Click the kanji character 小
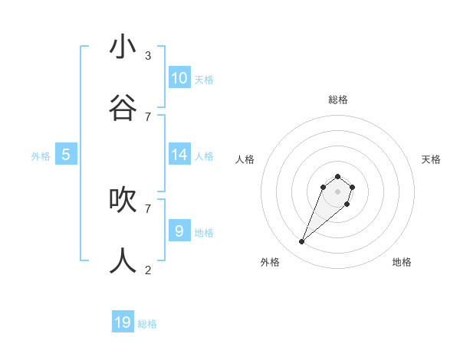point(123,47)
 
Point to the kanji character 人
point(123,261)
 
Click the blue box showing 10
point(179,77)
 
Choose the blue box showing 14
point(179,154)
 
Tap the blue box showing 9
point(179,231)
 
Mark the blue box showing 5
point(66,155)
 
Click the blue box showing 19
point(123,322)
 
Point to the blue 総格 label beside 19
point(147,324)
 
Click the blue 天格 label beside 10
point(204,79)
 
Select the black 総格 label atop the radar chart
point(338,100)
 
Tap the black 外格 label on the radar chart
point(270,262)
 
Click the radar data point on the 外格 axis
point(302,242)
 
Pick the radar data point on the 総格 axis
point(338,176)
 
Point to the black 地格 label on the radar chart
point(402,262)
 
